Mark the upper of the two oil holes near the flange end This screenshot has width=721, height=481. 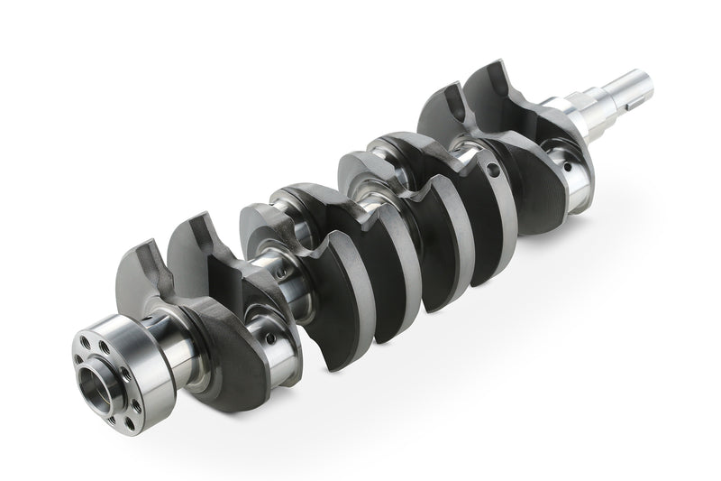click(282, 273)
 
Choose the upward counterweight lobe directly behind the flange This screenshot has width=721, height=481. click(144, 271)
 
